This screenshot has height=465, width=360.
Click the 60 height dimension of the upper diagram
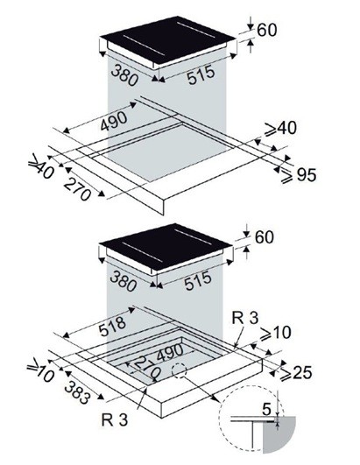267,30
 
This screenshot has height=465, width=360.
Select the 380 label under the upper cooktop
124,75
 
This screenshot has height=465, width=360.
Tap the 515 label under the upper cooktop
201,74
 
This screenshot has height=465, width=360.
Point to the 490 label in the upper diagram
114,120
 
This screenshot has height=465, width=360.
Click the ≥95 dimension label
299,175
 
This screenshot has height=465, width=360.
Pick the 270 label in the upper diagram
78,189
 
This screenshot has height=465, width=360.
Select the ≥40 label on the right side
280,129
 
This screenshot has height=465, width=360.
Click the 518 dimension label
112,327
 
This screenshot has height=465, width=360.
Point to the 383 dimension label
76,392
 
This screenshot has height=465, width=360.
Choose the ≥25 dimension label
296,372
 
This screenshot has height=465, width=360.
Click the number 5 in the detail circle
266,409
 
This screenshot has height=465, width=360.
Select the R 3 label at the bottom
115,420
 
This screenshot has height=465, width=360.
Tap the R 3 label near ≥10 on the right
245,317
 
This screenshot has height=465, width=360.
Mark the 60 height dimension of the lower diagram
264,237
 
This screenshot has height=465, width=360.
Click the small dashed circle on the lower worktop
179,370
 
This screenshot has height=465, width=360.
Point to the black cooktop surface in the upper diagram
168,40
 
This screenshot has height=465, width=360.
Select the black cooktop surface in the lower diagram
166,247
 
